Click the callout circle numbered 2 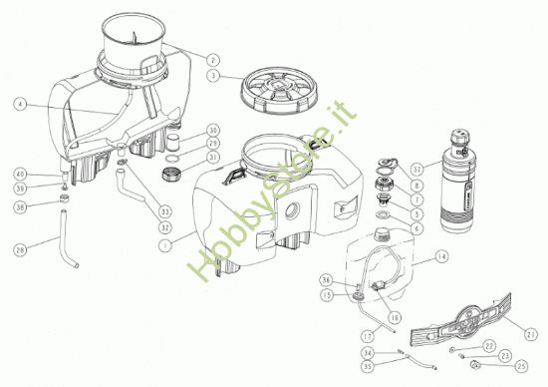213,56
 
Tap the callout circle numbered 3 213,74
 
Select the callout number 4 21,103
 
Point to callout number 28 21,248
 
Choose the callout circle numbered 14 441,257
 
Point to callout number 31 213,157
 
